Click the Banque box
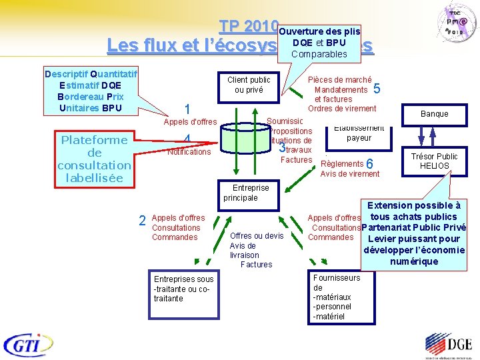pos(434,114)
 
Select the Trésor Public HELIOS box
pos(434,161)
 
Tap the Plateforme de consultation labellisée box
pos(94,159)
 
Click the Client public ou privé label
pos(249,85)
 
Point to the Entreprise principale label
pos(246,193)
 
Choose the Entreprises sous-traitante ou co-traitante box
pos(184,289)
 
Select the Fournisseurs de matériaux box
pos(337,297)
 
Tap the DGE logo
pos(447,345)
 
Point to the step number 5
pos(377,89)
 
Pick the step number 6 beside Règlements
pos(370,164)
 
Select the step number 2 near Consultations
pos(142,221)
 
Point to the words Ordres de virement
pos(342,109)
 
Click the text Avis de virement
pos(350,174)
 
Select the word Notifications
pos(189,152)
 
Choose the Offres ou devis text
pos(257,236)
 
